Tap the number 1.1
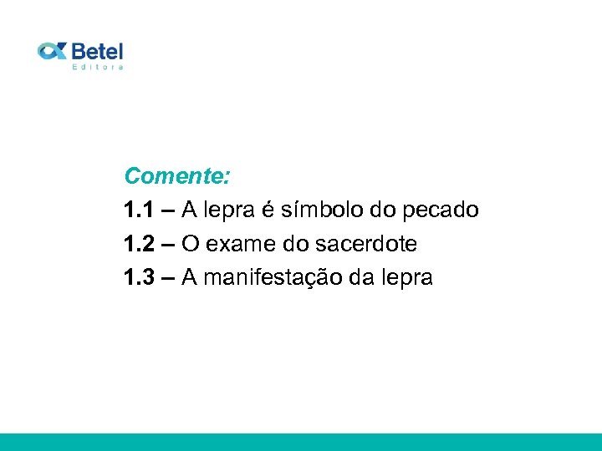pos(138,210)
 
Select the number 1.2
pos(138,244)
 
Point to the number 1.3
pos(138,277)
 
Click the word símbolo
pos(319,210)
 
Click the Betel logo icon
pos(53,52)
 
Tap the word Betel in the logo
pos(97,51)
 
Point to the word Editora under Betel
pos(98,67)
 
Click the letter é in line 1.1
pos(268,210)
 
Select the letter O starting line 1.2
pos(191,244)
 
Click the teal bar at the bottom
pos(301,442)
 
